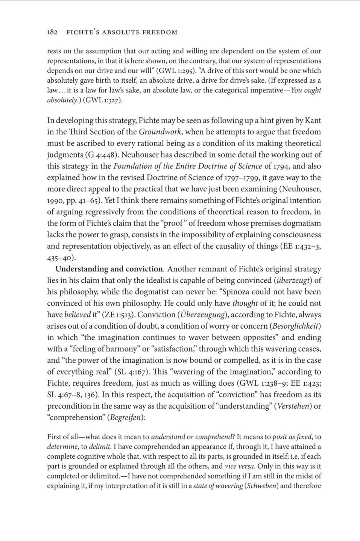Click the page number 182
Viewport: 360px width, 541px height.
pos(52,32)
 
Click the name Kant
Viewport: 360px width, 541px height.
pos(313,121)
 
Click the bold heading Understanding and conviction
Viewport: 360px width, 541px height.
pos(109,269)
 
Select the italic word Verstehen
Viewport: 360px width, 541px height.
pos(293,406)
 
